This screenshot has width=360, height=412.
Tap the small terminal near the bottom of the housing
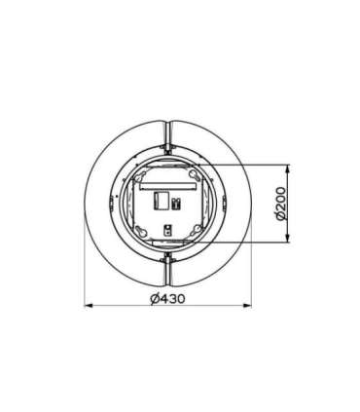point(168,231)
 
